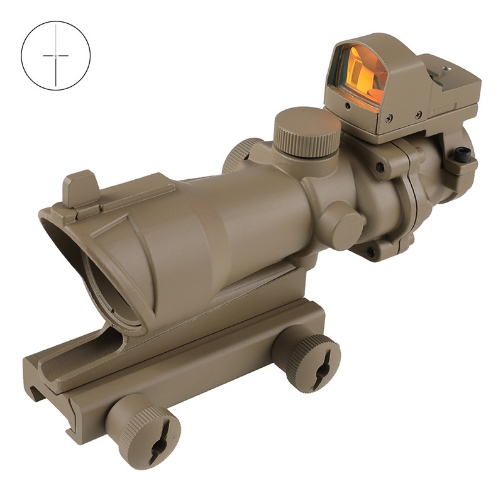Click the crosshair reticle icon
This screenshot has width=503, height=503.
click(55, 56)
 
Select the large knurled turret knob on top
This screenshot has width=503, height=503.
click(306, 133)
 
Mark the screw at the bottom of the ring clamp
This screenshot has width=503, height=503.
click(370, 252)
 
